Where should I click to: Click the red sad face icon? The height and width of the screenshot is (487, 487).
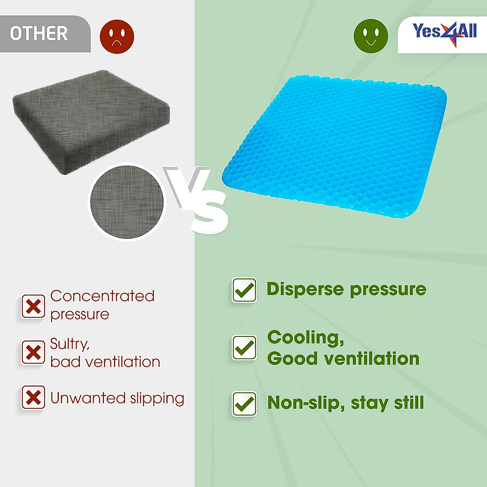click(117, 37)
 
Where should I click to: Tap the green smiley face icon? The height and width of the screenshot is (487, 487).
click(371, 36)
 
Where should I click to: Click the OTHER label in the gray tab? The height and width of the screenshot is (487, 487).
click(39, 34)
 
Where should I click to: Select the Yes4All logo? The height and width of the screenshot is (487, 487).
click(444, 32)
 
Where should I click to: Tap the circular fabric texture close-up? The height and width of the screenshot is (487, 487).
click(127, 202)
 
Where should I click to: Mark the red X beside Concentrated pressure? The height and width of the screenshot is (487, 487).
click(33, 306)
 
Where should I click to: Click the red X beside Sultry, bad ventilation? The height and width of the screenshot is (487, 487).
click(33, 352)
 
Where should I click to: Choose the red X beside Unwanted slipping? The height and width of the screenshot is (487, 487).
click(33, 397)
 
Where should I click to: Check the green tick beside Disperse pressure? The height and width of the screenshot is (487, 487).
click(244, 290)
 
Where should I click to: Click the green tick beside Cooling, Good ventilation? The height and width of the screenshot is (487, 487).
click(244, 347)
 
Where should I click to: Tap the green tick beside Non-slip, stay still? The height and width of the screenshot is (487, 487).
click(244, 404)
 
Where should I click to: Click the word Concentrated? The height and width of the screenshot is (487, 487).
click(102, 296)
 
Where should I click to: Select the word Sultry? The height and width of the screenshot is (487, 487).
click(69, 344)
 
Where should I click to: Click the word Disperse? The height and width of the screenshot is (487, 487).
click(305, 289)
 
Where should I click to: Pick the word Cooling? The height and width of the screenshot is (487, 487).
click(305, 338)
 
